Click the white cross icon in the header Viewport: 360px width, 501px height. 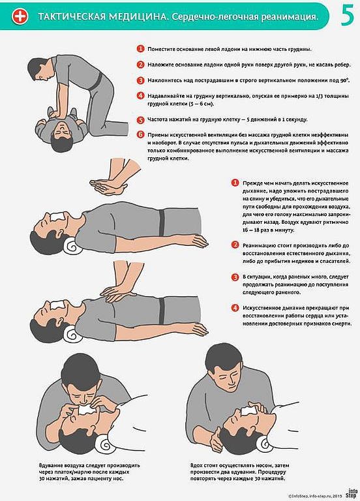[22, 16]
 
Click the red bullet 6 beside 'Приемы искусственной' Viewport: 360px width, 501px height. [140, 134]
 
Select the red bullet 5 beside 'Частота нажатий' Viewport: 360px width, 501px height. [140, 120]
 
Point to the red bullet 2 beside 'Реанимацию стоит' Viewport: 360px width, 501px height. [235, 245]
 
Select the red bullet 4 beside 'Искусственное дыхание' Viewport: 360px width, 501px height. [235, 307]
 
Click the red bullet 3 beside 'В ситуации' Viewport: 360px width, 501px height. [235, 277]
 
